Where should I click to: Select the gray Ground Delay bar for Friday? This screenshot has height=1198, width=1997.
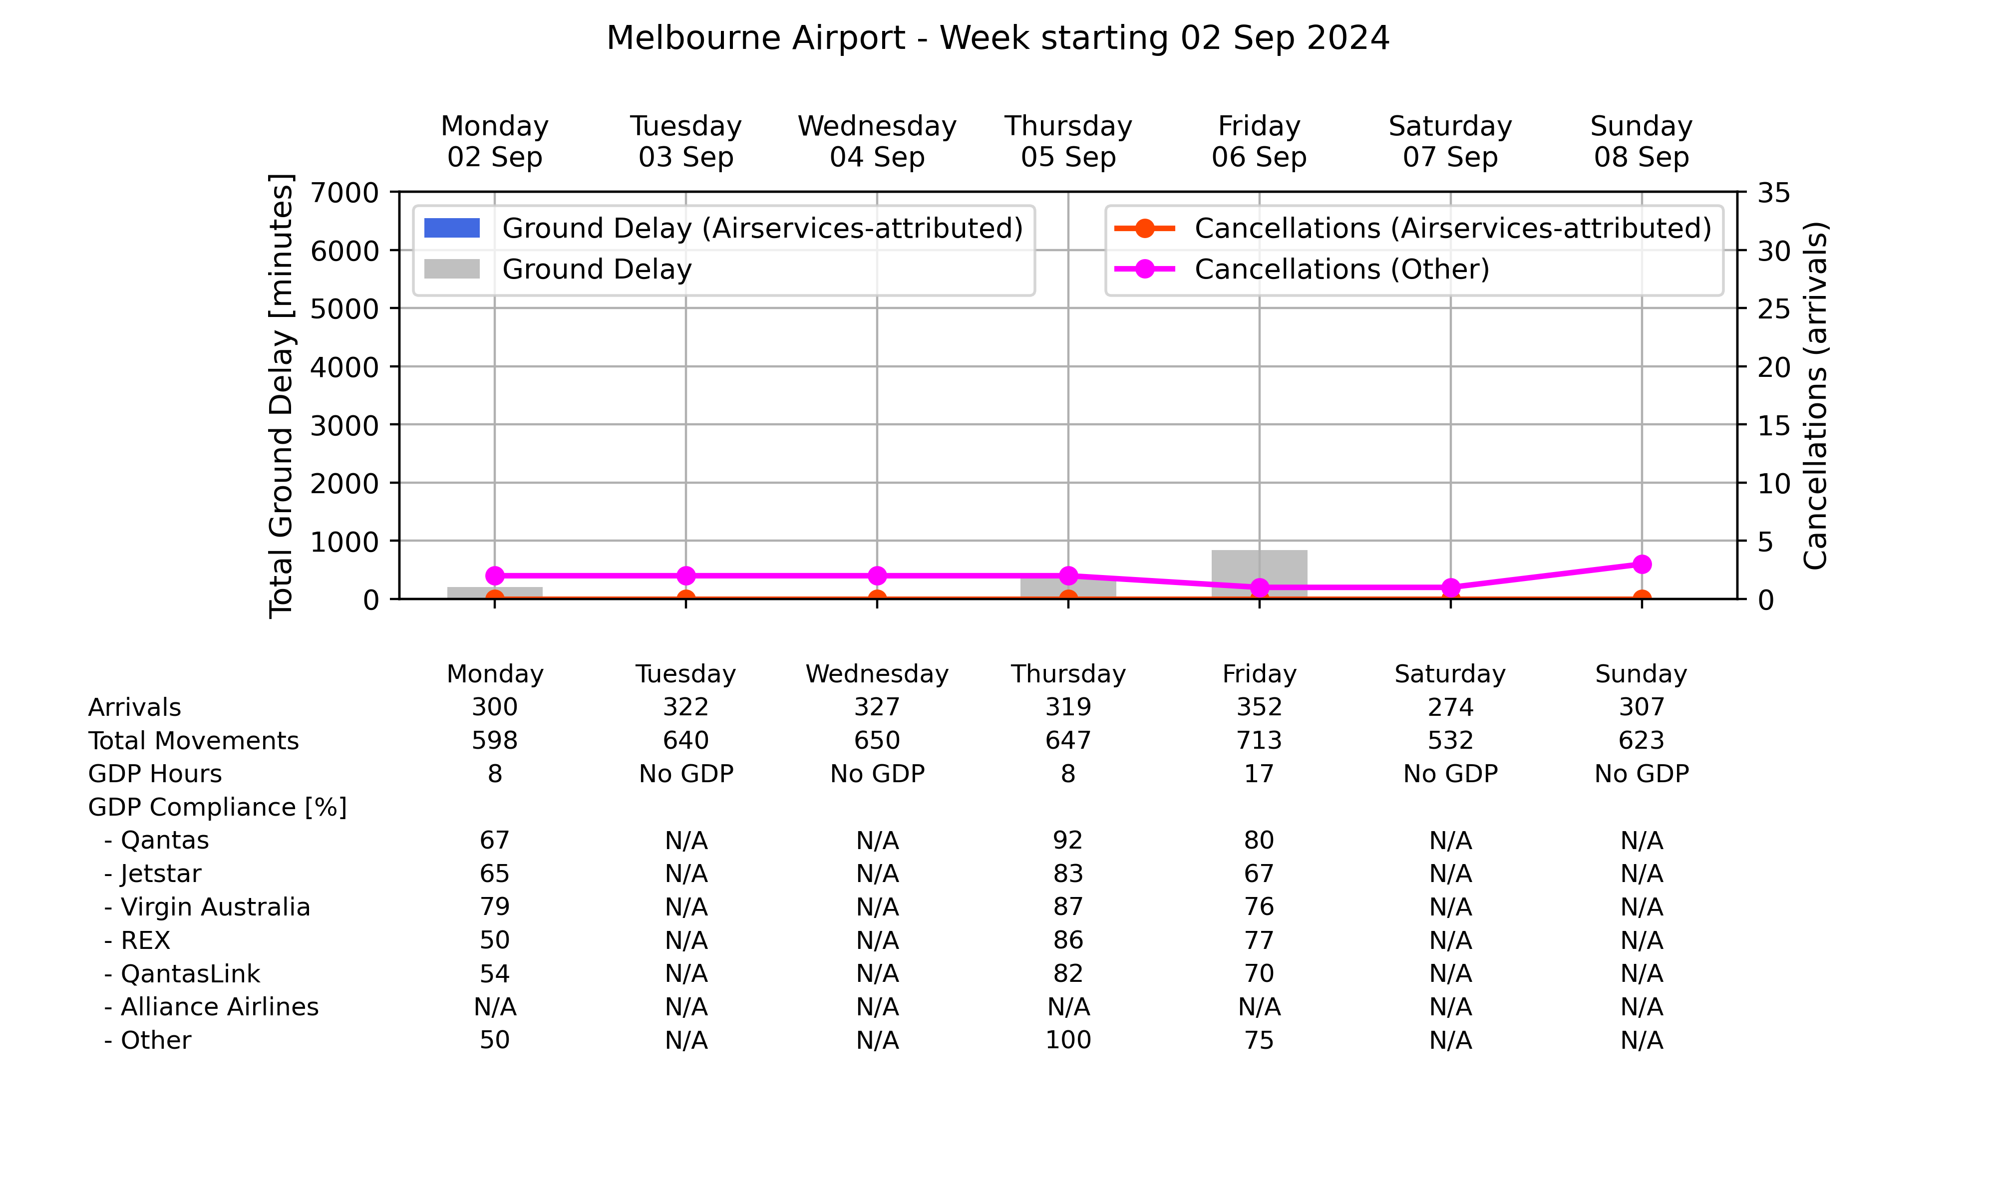click(x=1259, y=574)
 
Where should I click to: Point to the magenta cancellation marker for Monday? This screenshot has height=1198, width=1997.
click(x=495, y=576)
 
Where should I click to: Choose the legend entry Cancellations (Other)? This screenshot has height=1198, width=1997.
click(x=1301, y=269)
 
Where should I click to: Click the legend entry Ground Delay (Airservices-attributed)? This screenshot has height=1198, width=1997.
click(x=723, y=229)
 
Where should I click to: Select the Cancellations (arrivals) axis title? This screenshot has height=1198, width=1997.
click(x=1815, y=395)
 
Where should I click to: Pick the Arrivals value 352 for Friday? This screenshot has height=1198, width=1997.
click(x=1259, y=707)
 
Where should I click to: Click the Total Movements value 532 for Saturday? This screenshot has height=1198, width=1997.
click(x=1450, y=740)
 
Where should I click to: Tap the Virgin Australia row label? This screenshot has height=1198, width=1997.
click(x=207, y=907)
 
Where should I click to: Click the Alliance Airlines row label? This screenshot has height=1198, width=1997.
click(x=212, y=1007)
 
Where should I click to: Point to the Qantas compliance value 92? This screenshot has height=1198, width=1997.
click(x=1068, y=841)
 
